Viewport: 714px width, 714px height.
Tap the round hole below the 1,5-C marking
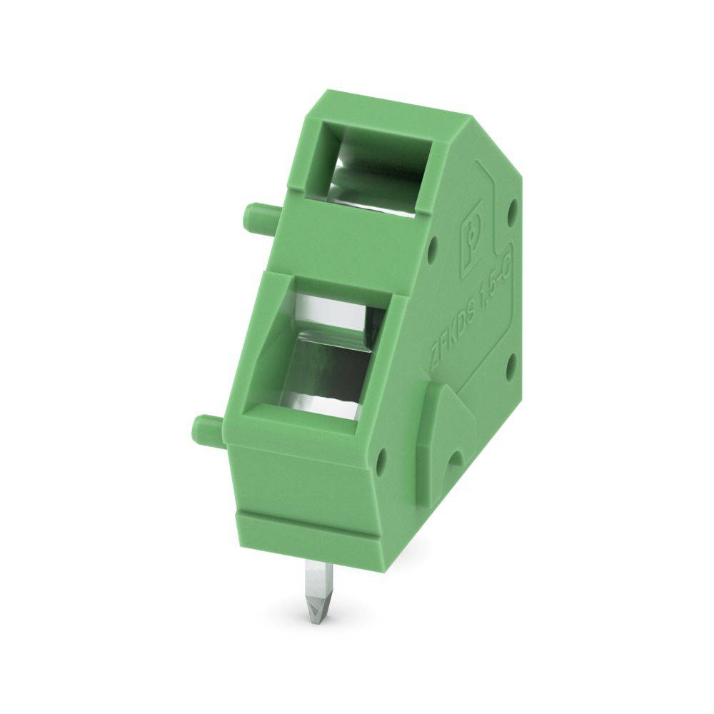512,368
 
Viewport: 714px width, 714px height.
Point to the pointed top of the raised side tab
434,389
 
